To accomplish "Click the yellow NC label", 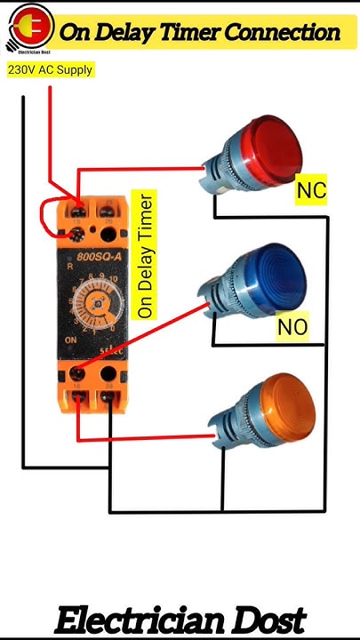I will (x=311, y=190).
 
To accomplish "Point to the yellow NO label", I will (x=292, y=327).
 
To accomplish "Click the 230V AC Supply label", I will (x=50, y=69).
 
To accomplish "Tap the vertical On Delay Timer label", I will (x=146, y=255).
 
